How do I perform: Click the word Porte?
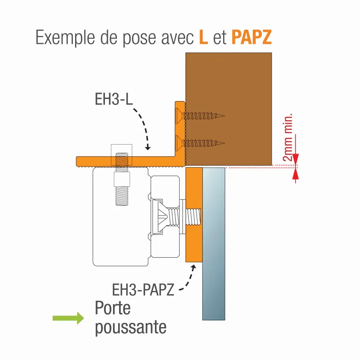[x=113, y=308]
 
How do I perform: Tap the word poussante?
[x=130, y=328]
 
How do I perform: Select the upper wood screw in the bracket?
[x=200, y=115]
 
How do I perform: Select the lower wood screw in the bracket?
[x=200, y=142]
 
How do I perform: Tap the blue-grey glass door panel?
[x=214, y=243]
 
